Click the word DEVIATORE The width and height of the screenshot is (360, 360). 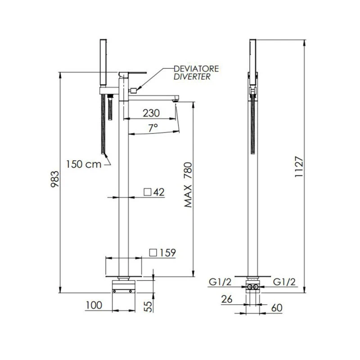click(197, 69)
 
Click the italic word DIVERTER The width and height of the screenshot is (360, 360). click(193, 77)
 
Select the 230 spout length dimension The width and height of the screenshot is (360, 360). click(151, 113)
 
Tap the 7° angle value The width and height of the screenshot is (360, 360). click(153, 128)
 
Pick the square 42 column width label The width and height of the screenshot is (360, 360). click(154, 192)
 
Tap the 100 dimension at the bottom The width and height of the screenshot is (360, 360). click(93, 305)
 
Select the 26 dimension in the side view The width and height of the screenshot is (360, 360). click(229, 298)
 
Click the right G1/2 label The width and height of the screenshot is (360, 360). click(284, 282)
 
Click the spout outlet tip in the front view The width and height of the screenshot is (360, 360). click(175, 101)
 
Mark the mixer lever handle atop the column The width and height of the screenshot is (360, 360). click(134, 73)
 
